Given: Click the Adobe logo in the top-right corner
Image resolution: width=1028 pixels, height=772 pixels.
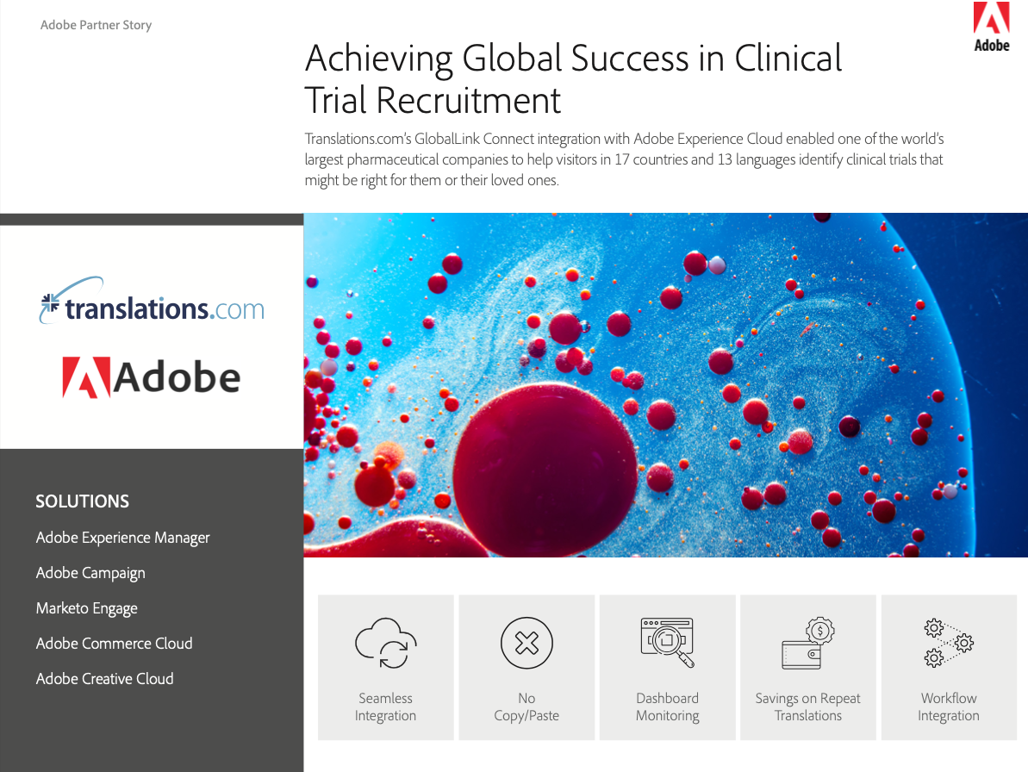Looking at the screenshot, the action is pyautogui.click(x=991, y=27).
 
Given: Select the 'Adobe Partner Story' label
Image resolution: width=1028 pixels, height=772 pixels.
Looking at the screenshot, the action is pyautogui.click(x=96, y=25).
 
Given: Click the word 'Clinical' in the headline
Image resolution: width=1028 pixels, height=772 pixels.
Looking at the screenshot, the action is pyautogui.click(x=788, y=59).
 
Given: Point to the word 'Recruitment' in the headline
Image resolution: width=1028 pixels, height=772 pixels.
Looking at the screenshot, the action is pyautogui.click(x=468, y=101).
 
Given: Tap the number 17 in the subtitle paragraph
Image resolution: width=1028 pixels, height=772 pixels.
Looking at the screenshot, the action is pyautogui.click(x=621, y=159).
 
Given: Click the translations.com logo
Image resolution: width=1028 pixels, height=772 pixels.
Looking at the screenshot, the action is pyautogui.click(x=152, y=302).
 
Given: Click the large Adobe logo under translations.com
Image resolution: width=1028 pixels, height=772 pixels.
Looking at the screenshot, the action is pyautogui.click(x=152, y=377).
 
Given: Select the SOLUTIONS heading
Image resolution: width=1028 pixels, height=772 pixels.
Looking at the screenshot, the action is pyautogui.click(x=82, y=501).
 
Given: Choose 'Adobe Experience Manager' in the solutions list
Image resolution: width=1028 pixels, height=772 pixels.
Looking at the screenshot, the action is pyautogui.click(x=122, y=538).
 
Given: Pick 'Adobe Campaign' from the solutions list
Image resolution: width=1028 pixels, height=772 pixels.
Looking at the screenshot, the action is pyautogui.click(x=90, y=574).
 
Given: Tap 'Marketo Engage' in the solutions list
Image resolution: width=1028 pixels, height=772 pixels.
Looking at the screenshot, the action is pyautogui.click(x=86, y=609).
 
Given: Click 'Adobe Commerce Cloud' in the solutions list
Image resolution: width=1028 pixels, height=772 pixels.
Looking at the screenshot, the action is pyautogui.click(x=114, y=644).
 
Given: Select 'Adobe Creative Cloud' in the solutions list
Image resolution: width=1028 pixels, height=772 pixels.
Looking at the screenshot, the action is pyautogui.click(x=104, y=679).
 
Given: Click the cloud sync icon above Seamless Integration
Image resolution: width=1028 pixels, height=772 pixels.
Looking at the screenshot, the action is pyautogui.click(x=385, y=643).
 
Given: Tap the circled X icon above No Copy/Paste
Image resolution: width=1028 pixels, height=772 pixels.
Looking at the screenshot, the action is pyautogui.click(x=526, y=643).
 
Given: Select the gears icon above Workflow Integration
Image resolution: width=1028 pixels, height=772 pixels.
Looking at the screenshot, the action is pyautogui.click(x=949, y=642).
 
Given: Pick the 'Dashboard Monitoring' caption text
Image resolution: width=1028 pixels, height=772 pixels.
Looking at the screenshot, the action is pyautogui.click(x=668, y=707).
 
